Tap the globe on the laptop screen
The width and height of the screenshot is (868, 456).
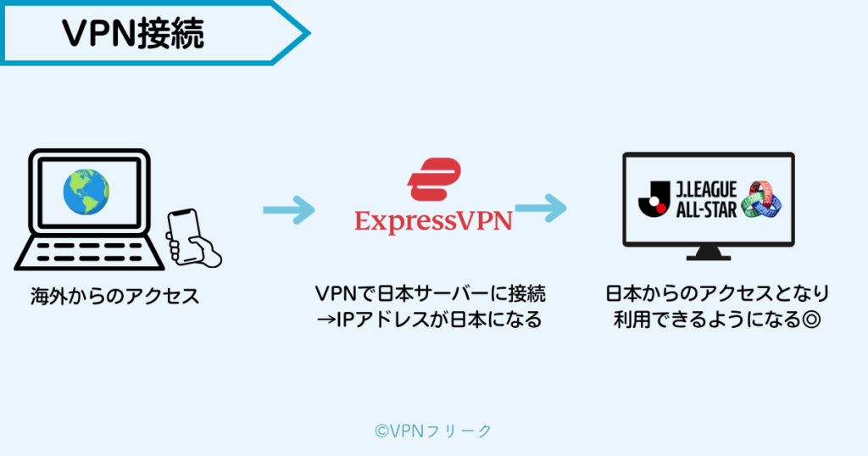pos(86,192)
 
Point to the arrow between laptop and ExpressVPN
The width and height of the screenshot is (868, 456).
pos(288,209)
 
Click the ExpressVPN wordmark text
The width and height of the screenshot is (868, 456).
pos(433,221)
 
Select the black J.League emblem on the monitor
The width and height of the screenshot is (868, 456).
pos(653,201)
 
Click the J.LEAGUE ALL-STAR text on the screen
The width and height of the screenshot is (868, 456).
pos(704,201)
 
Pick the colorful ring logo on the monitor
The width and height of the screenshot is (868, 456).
pos(761,201)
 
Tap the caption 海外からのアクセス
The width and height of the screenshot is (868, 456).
pos(114,297)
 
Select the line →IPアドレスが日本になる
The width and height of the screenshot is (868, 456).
pos(434,321)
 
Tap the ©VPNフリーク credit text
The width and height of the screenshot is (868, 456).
pos(433,431)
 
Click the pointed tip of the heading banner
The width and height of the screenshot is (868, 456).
pos(307,32)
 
